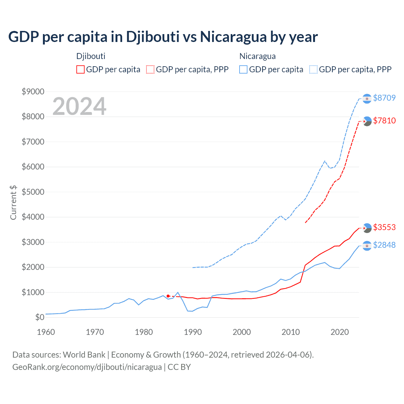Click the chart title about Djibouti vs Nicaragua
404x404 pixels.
tap(163, 37)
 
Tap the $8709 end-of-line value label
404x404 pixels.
tap(384, 98)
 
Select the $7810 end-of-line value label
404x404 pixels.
tap(384, 121)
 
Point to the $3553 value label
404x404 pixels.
tap(384, 227)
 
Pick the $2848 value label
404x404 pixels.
tap(384, 245)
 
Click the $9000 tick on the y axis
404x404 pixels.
tap(33, 92)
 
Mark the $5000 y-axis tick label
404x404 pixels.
tap(33, 192)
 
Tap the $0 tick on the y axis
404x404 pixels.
tap(39, 317)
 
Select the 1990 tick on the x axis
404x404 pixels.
tap(193, 332)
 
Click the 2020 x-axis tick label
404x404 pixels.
tap(340, 332)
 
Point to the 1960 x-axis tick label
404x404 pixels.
tap(46, 332)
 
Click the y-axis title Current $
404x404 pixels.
tap(13, 203)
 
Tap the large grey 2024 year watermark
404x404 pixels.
tap(79, 106)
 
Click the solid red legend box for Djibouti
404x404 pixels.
tap(80, 69)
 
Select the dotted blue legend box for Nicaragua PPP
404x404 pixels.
tap(313, 69)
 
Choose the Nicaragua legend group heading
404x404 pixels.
tap(258, 56)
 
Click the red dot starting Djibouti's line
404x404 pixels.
tap(168, 296)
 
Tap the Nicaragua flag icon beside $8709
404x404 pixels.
tap(367, 99)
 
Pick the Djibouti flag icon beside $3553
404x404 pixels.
tap(367, 228)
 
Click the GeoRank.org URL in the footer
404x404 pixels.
tap(87, 367)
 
